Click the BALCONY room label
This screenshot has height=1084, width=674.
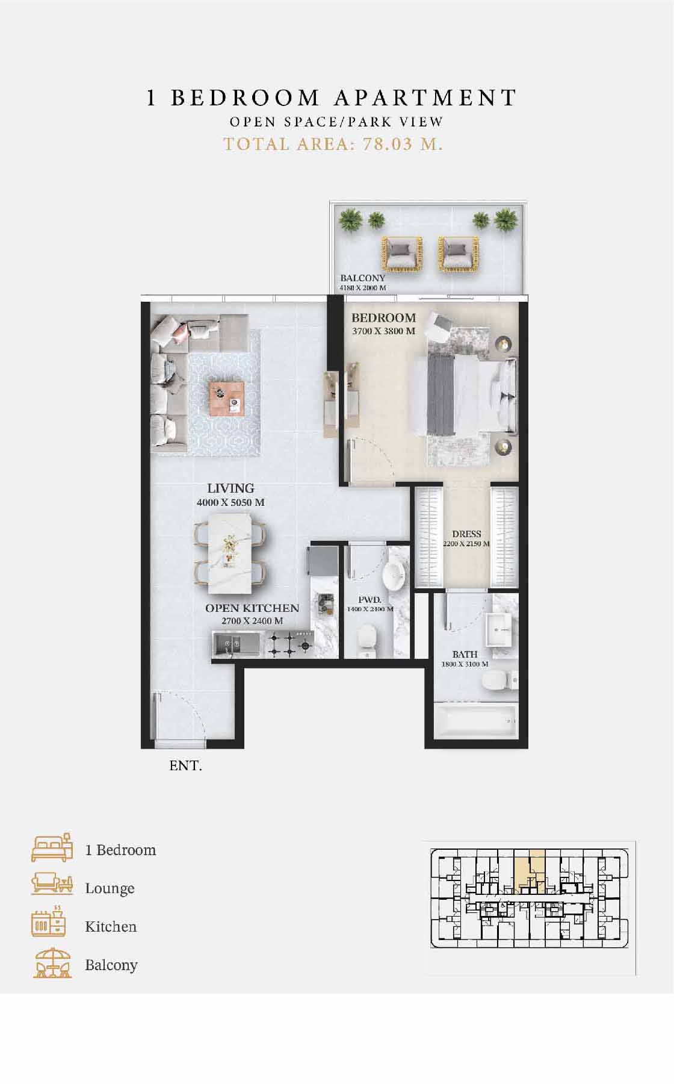[362, 278]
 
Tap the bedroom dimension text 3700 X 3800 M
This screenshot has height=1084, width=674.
[383, 331]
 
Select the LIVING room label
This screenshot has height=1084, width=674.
[230, 488]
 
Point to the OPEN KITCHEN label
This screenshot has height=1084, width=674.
[252, 608]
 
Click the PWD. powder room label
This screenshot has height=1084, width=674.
[369, 600]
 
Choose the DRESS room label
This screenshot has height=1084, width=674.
[466, 534]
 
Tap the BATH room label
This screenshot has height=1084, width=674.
[465, 654]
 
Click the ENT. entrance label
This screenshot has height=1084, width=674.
[185, 766]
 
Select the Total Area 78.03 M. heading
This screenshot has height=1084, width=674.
[333, 145]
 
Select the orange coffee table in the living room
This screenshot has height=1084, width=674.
[226, 399]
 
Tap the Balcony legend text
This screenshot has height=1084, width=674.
[111, 965]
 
